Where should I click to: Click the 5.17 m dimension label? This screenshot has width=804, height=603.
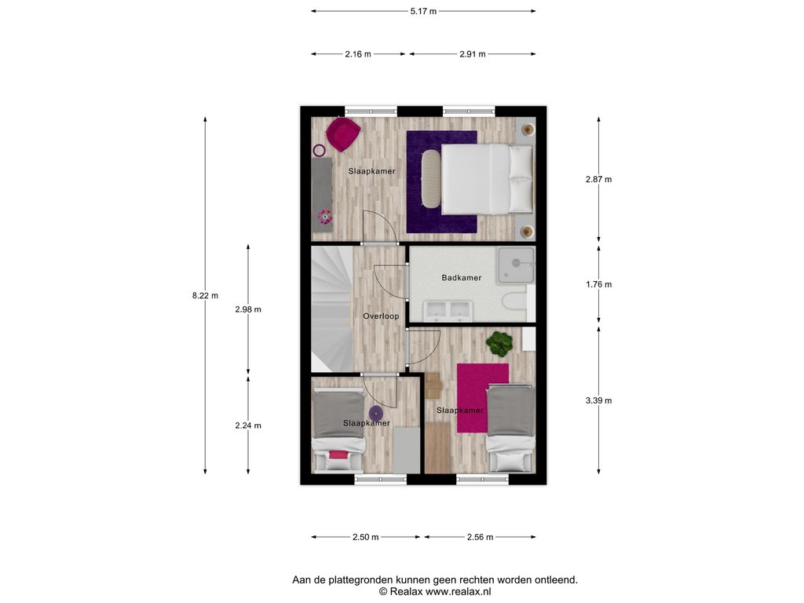pyautogui.click(x=423, y=11)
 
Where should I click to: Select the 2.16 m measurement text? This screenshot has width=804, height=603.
pyautogui.click(x=358, y=54)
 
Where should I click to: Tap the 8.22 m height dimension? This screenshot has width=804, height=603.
pyautogui.click(x=205, y=295)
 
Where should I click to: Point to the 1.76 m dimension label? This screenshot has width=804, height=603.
pyautogui.click(x=599, y=284)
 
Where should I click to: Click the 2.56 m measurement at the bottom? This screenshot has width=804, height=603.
pyautogui.click(x=480, y=537)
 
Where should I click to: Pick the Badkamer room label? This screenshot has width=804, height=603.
pyautogui.click(x=462, y=278)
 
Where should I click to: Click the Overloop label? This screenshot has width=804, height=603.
pyautogui.click(x=381, y=316)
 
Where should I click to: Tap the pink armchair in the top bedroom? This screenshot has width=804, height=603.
pyautogui.click(x=343, y=133)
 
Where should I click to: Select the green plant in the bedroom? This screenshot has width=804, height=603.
pyautogui.click(x=499, y=344)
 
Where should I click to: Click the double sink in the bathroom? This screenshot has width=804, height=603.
pyautogui.click(x=447, y=309)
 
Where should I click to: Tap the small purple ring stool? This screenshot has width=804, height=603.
pyautogui.click(x=319, y=151)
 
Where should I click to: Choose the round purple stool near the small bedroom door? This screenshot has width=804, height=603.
pyautogui.click(x=376, y=413)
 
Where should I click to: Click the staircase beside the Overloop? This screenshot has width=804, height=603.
pyautogui.click(x=332, y=309)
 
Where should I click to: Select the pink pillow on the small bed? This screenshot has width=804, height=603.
pyautogui.click(x=338, y=455)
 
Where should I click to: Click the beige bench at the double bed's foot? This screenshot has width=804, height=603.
pyautogui.click(x=431, y=178)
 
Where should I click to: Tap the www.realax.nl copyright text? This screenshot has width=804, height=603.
pyautogui.click(x=435, y=591)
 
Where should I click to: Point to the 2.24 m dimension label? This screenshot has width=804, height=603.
pyautogui.click(x=248, y=426)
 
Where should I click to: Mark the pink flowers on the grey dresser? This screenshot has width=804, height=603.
pyautogui.click(x=324, y=217)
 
